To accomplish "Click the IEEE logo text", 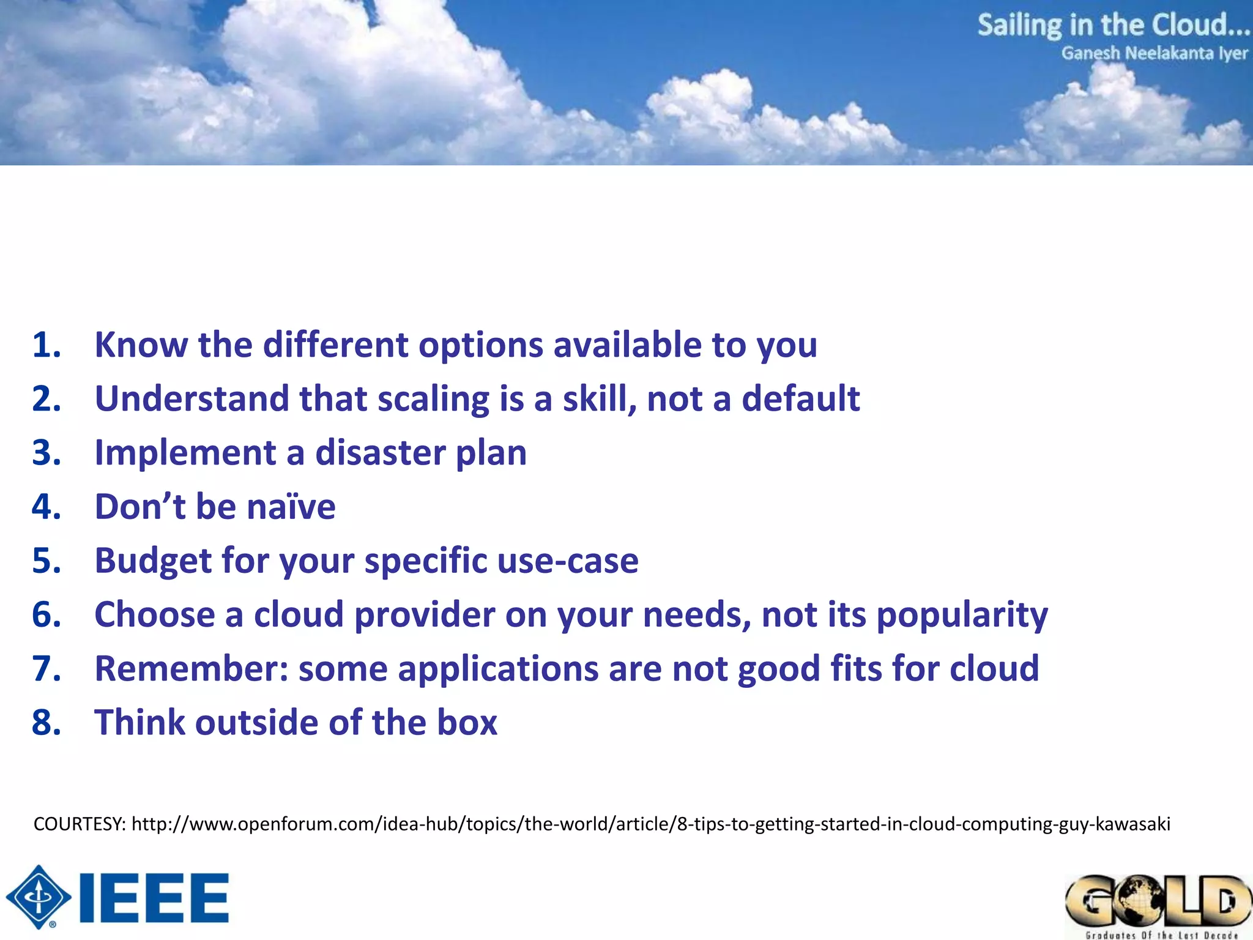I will click(x=154, y=898).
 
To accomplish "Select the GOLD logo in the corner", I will click(x=1158, y=902).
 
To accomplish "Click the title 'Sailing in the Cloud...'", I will click(x=1112, y=26).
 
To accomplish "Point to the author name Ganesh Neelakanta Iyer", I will click(x=1154, y=54).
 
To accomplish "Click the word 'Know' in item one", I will click(x=141, y=345).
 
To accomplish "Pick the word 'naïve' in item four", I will click(x=291, y=507).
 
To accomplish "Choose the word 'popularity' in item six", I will click(x=962, y=614).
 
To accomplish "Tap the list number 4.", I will click(x=46, y=507).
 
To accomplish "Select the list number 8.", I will click(x=46, y=722).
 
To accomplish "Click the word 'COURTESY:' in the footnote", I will click(x=80, y=824).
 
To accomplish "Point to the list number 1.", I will click(x=46, y=345).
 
